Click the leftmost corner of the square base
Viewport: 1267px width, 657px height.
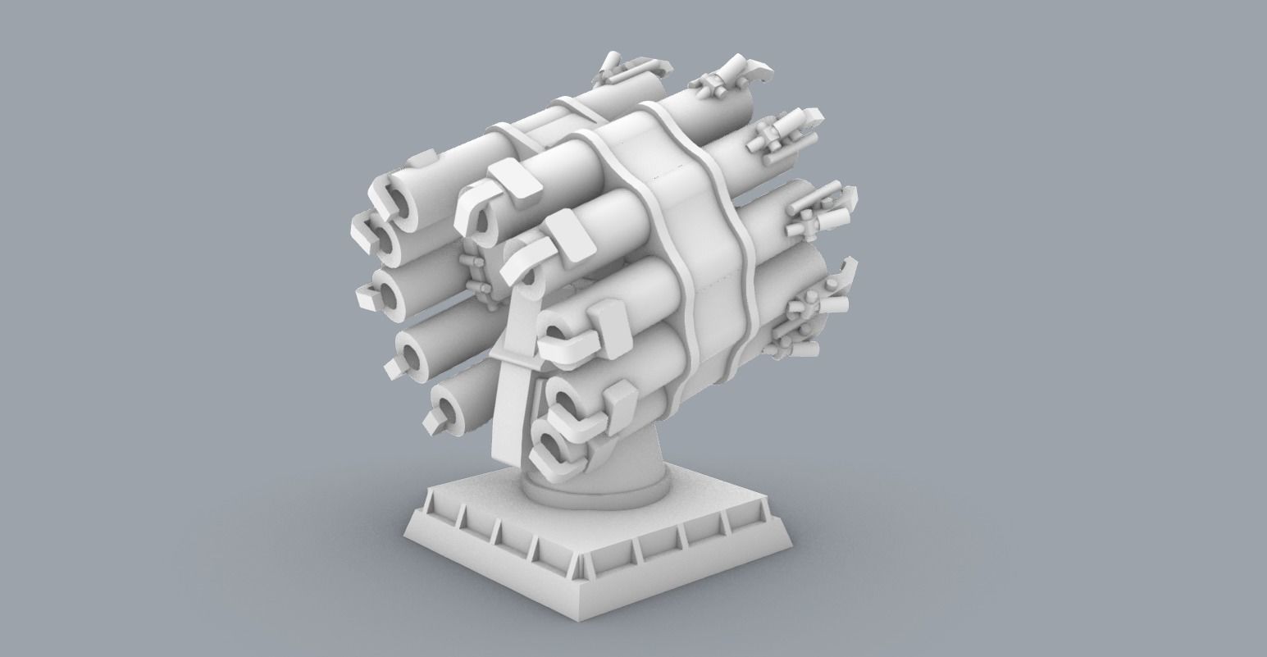pyautogui.click(x=408, y=522)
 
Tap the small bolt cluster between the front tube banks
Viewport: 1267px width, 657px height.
pyautogui.click(x=476, y=275)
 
